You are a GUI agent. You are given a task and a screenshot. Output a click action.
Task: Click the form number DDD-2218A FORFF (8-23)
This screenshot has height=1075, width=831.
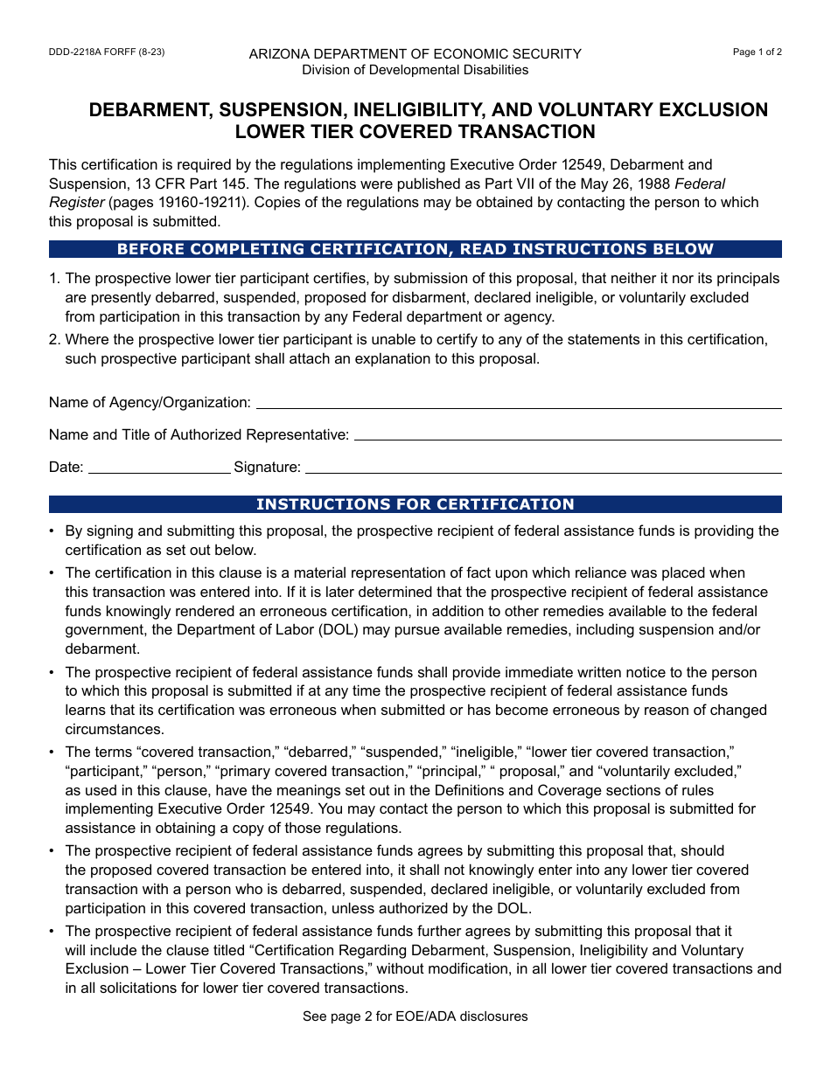[107, 52]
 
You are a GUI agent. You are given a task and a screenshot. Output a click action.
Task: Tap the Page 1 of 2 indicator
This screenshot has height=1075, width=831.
[757, 52]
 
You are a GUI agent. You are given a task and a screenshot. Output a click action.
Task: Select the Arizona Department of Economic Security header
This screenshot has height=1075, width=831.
[415, 54]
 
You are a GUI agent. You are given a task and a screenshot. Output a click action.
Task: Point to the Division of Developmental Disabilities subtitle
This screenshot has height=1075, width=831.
[415, 70]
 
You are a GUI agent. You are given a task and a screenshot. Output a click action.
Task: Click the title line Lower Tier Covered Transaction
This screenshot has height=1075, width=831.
[415, 132]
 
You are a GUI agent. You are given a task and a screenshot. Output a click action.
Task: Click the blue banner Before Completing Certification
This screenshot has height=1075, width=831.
[415, 250]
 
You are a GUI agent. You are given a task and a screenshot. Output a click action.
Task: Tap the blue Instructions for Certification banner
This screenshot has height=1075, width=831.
[415, 504]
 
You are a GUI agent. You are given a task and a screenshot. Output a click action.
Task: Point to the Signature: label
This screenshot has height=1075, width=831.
[267, 468]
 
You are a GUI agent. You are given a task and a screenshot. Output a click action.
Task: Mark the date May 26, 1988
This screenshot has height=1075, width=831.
[613, 184]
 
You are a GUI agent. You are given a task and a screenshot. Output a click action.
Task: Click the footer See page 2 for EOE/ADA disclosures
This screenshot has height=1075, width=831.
[415, 1016]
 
